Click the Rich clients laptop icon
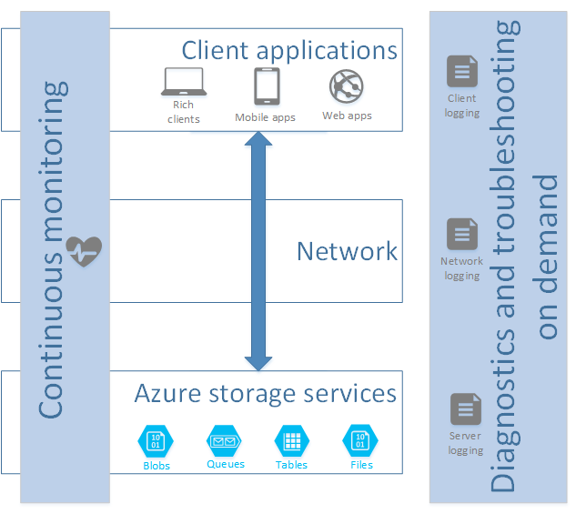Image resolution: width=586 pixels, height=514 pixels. point(184,84)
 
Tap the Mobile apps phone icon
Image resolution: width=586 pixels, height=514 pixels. point(266,86)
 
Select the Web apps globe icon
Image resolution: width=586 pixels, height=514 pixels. point(347,87)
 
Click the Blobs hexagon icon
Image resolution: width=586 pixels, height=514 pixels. point(156,442)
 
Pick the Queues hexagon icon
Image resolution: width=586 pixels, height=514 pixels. point(225,441)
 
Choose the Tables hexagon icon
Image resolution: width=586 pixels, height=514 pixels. point(291,442)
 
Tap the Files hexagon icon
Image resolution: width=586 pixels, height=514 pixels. point(359,442)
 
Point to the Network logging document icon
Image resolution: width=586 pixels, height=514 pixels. point(461,235)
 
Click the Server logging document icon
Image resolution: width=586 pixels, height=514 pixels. point(465,409)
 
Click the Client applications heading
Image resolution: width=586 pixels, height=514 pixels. point(289,49)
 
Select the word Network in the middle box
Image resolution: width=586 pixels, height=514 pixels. point(347,251)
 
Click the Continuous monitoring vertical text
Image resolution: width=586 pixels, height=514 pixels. point(53,250)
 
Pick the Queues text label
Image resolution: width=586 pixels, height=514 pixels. point(226,464)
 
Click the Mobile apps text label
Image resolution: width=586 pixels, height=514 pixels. point(265,117)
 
